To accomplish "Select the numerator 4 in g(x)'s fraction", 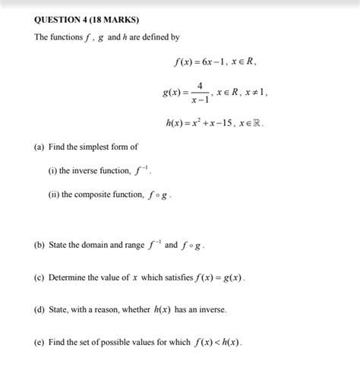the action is (x=199, y=84).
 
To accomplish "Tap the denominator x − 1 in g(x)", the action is (x=199, y=99).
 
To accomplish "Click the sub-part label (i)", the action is (x=52, y=170).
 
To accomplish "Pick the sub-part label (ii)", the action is (x=54, y=195).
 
